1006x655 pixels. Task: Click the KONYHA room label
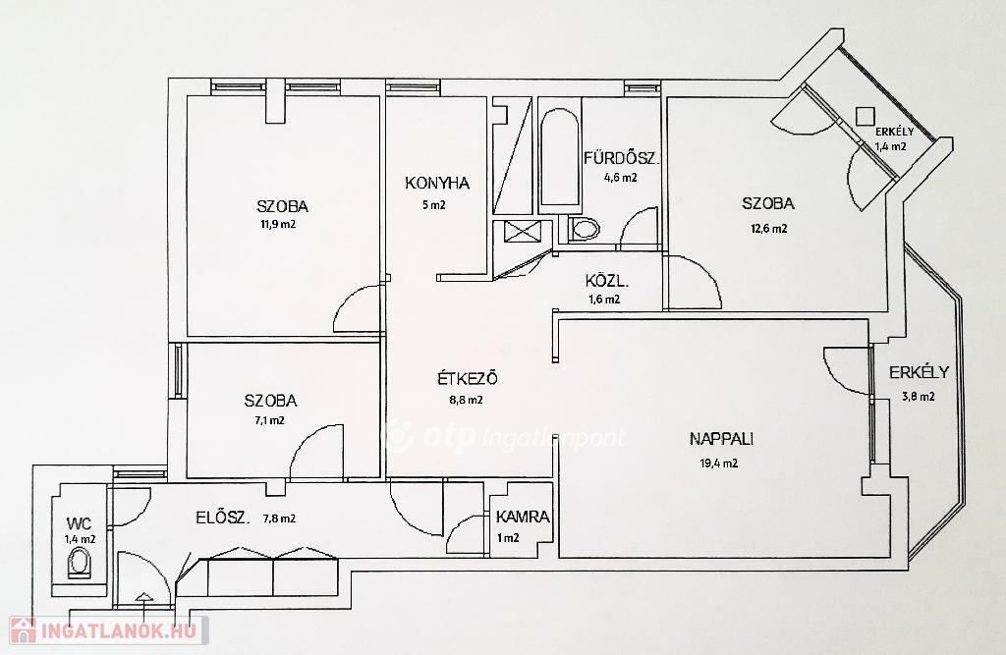click(x=437, y=184)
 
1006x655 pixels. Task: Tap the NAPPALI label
click(x=721, y=439)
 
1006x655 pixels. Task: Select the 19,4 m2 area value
click(x=718, y=464)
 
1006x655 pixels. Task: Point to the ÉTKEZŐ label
click(x=467, y=378)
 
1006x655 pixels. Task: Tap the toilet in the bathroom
click(x=583, y=229)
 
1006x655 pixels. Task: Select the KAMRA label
click(x=523, y=518)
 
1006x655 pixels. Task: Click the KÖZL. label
click(x=606, y=280)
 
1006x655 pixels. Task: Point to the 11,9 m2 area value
click(x=277, y=225)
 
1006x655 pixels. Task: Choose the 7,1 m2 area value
click(x=269, y=421)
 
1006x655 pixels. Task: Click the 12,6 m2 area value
click(x=768, y=229)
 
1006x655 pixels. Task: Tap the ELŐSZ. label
click(x=223, y=518)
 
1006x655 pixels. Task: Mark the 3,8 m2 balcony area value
click(x=919, y=397)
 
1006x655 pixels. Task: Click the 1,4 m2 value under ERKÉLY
click(x=890, y=146)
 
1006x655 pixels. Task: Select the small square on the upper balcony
click(x=865, y=116)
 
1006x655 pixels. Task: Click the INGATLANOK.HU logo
click(x=108, y=630)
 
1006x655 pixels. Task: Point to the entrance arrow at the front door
click(x=144, y=598)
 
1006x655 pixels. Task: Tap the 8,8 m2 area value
click(x=466, y=401)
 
